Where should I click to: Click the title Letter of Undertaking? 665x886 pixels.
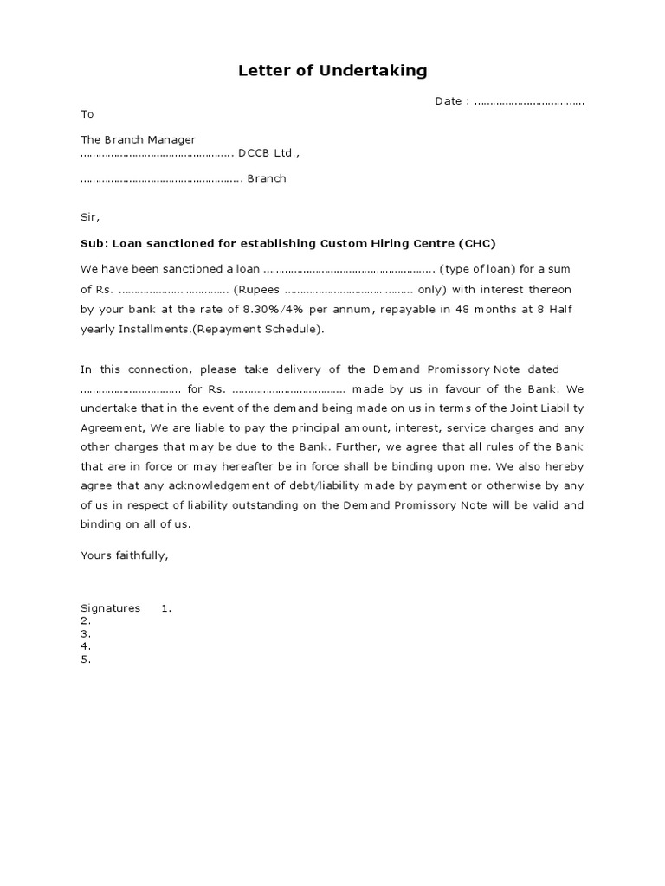pyautogui.click(x=332, y=71)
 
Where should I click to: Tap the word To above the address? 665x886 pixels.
pyautogui.click(x=87, y=114)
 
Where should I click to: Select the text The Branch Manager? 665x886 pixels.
pyautogui.click(x=138, y=139)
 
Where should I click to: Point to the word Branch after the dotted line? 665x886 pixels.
pyautogui.click(x=267, y=179)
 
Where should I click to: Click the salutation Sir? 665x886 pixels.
pyautogui.click(x=91, y=217)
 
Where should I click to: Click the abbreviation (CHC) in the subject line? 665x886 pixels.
pyautogui.click(x=478, y=243)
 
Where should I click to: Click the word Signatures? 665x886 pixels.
pyautogui.click(x=110, y=608)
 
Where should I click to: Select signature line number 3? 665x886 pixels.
pyautogui.click(x=85, y=633)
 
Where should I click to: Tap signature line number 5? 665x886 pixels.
pyautogui.click(x=85, y=659)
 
